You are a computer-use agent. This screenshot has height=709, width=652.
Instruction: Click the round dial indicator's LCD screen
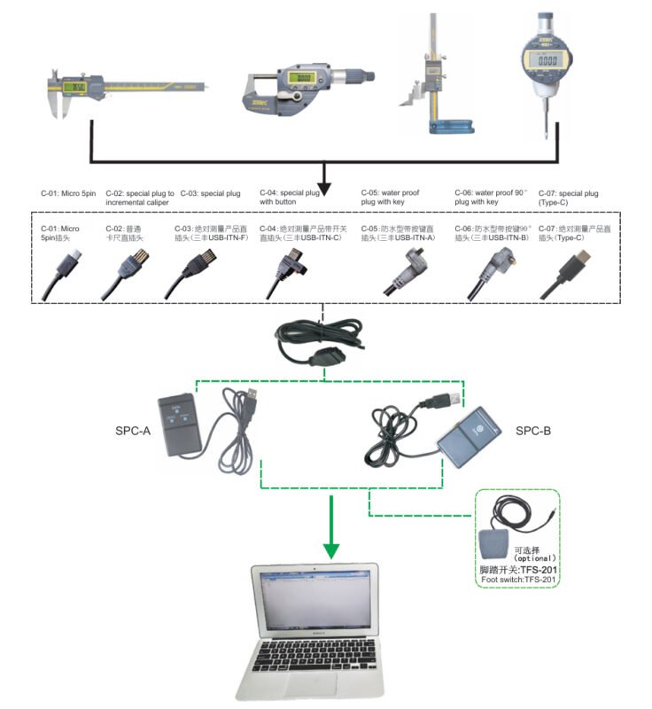pos(543,62)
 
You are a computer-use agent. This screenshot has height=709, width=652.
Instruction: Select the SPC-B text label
pos(535,431)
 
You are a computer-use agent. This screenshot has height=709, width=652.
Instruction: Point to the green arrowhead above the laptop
pos(330,549)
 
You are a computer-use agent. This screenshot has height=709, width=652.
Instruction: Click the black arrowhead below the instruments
pos(324,188)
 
